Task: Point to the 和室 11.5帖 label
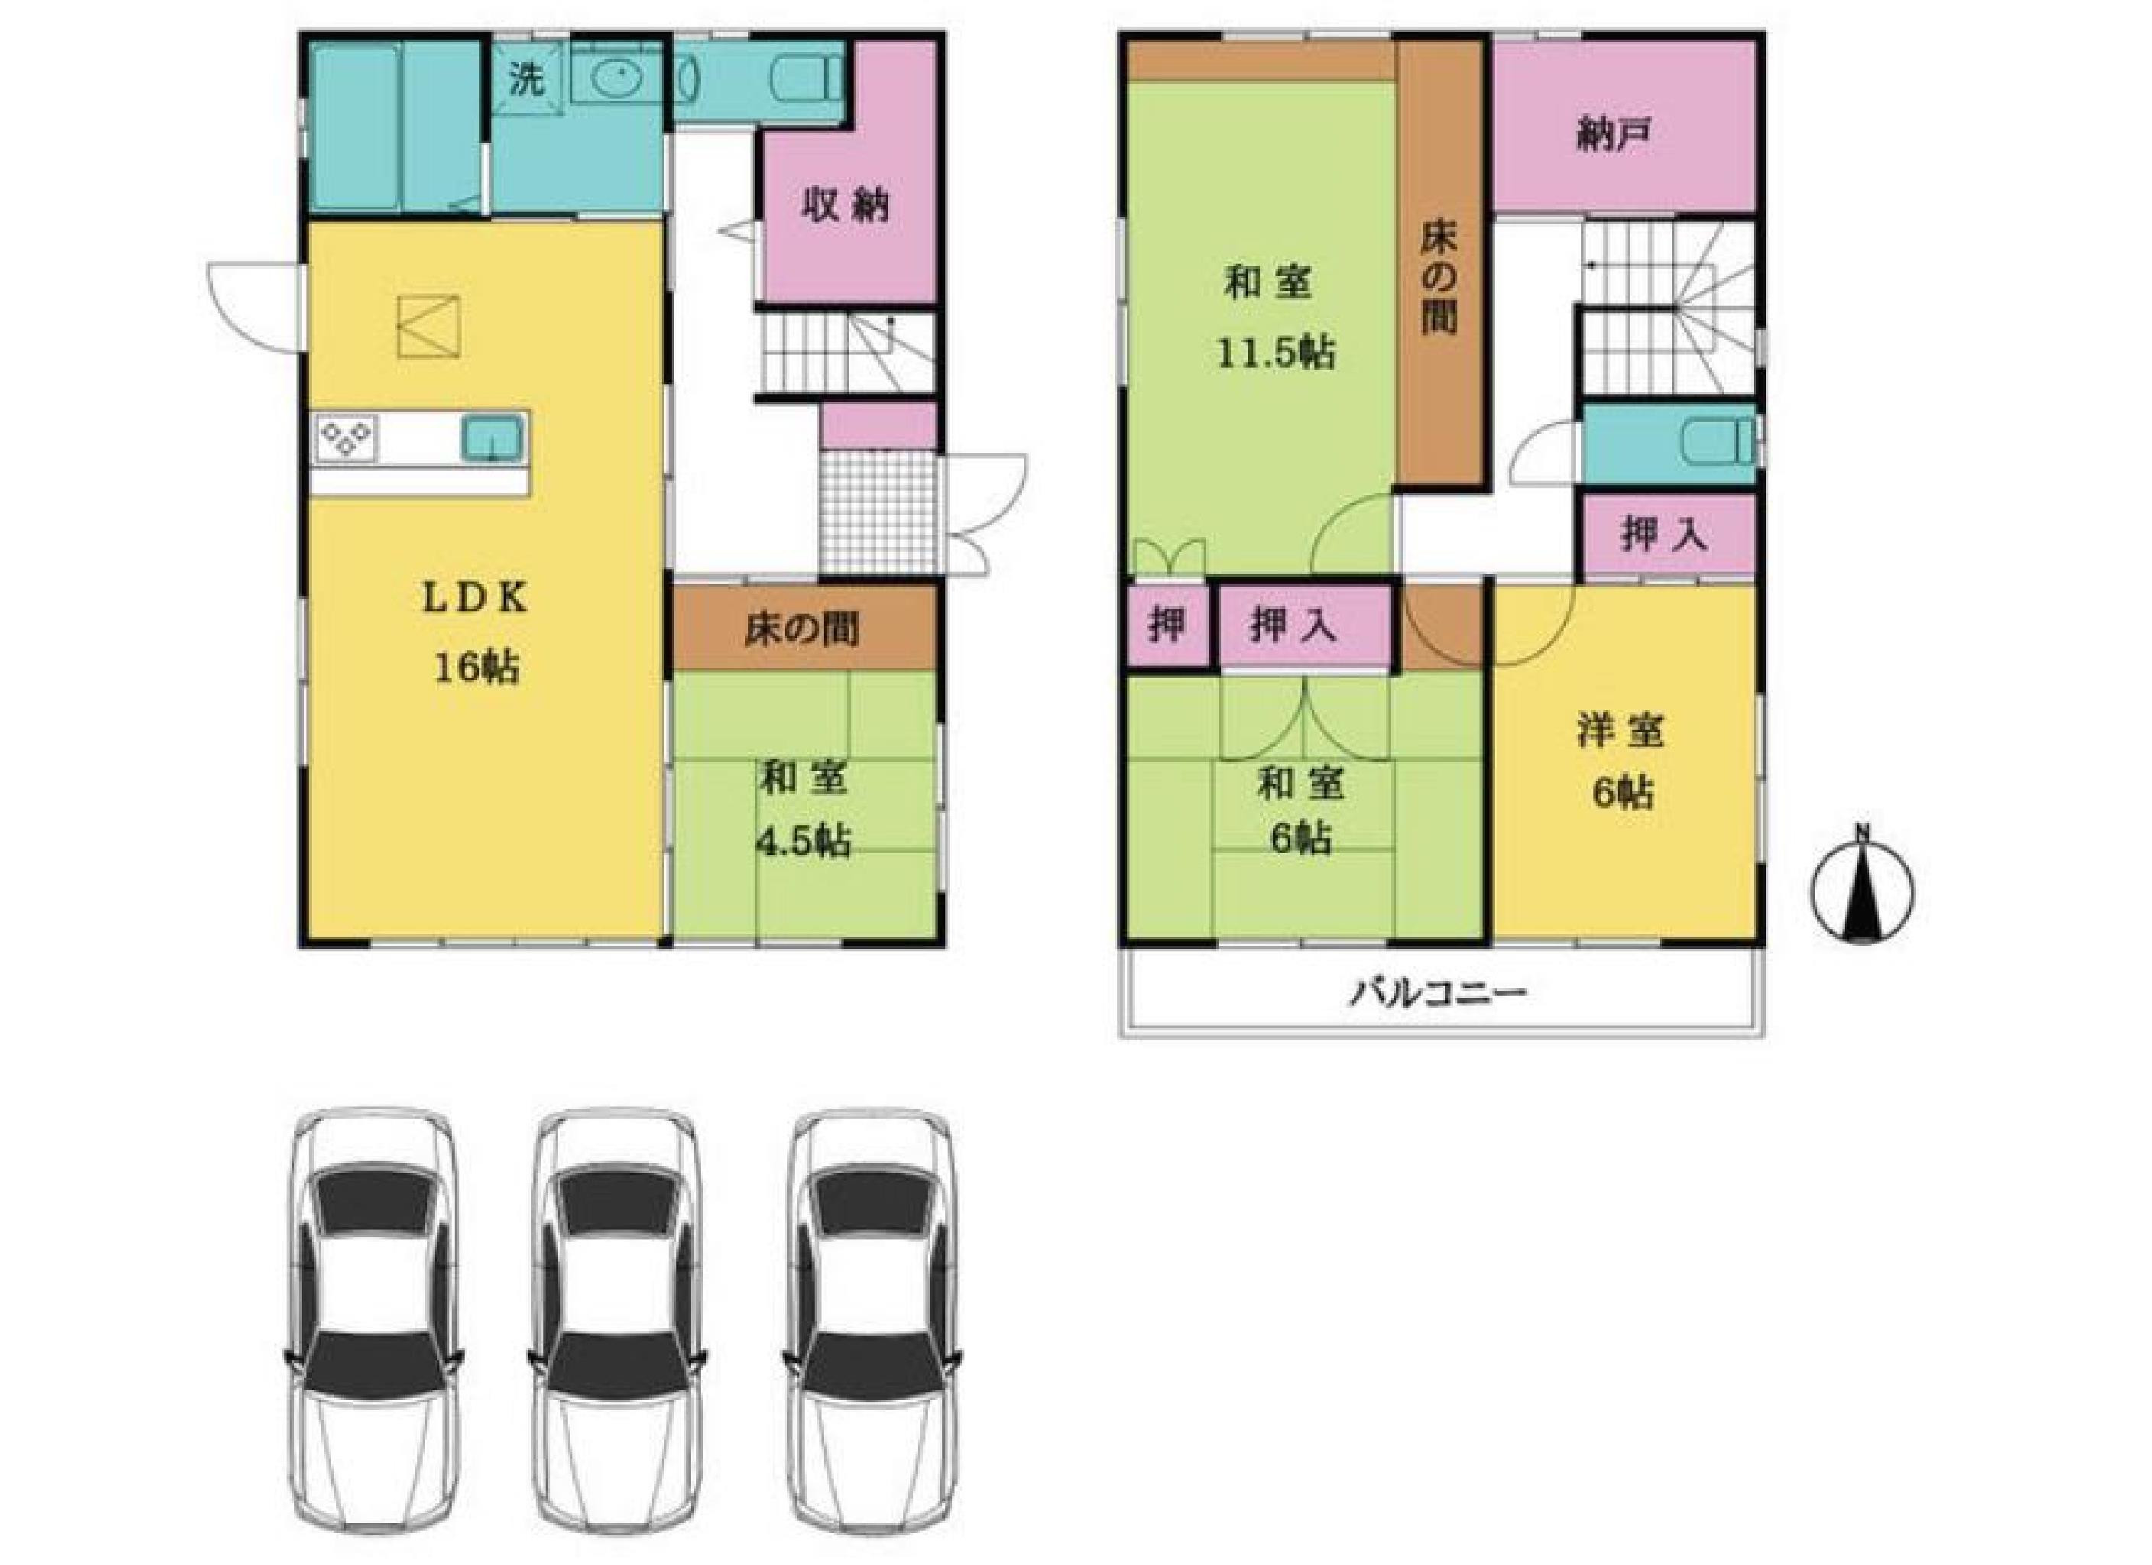[x=1276, y=318]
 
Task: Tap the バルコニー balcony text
[x=1438, y=995]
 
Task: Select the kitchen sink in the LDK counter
[x=492, y=439]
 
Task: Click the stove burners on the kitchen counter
[x=347, y=439]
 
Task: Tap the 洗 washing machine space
[x=527, y=79]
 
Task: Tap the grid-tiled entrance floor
[x=878, y=513]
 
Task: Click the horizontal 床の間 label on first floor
[x=802, y=629]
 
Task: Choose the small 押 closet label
[x=1166, y=625]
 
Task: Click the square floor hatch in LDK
[x=429, y=326]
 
